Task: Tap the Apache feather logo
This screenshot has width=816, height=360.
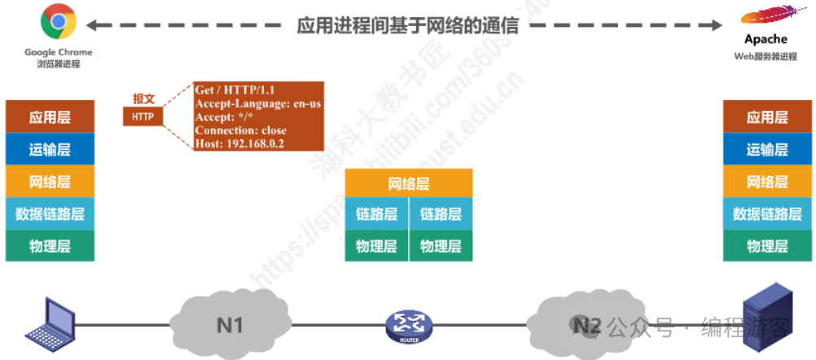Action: click(765, 18)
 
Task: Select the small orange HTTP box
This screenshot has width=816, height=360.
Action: click(143, 117)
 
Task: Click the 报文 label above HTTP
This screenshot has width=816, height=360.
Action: click(143, 99)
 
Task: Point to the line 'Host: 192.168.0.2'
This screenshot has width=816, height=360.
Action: click(239, 143)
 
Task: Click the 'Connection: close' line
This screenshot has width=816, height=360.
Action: click(240, 130)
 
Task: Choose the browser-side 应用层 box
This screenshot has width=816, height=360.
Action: click(50, 117)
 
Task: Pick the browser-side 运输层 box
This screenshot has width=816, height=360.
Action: click(50, 150)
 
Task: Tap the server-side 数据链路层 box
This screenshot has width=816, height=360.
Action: click(767, 214)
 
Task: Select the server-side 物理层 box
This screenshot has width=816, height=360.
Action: click(767, 246)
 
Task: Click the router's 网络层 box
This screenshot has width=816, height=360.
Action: click(408, 183)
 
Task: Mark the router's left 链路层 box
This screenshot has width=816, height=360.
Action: click(376, 215)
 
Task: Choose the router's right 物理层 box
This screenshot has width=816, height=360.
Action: click(441, 246)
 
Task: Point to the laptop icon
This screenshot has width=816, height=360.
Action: click(50, 323)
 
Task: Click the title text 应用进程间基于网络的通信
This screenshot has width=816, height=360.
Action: click(407, 24)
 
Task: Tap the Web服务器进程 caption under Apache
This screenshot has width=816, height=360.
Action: click(766, 56)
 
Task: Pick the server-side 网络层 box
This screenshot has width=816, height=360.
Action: click(767, 182)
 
